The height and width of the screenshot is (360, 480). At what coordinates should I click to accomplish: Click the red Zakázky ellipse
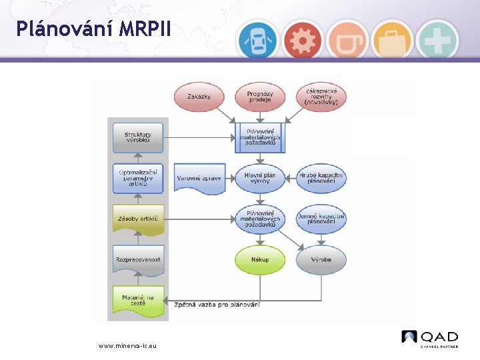(x=199, y=97)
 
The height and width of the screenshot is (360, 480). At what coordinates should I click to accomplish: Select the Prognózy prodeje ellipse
(x=260, y=97)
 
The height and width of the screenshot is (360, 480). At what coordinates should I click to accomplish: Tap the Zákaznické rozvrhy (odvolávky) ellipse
(x=321, y=97)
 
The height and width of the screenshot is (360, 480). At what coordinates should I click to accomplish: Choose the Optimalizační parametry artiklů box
(x=138, y=179)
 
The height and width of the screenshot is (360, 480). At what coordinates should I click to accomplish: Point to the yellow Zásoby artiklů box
(x=138, y=219)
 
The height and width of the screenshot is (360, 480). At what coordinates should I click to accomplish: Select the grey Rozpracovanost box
(x=138, y=260)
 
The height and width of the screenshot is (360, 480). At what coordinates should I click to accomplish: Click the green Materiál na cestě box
(x=138, y=300)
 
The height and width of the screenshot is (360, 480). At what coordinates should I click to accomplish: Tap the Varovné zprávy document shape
(x=199, y=178)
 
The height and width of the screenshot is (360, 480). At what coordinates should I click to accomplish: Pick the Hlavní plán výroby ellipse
(x=260, y=178)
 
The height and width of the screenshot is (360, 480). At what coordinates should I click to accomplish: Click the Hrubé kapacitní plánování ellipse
(x=321, y=178)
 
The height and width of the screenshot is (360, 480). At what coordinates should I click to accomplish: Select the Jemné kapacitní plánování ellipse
(x=321, y=219)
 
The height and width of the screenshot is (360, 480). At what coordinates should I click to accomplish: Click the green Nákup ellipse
(x=260, y=259)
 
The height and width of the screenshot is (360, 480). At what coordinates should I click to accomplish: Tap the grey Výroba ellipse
(x=321, y=259)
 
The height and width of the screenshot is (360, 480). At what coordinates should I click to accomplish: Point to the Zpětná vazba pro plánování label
(x=217, y=305)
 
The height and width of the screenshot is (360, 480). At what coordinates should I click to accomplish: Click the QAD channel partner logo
(x=430, y=338)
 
